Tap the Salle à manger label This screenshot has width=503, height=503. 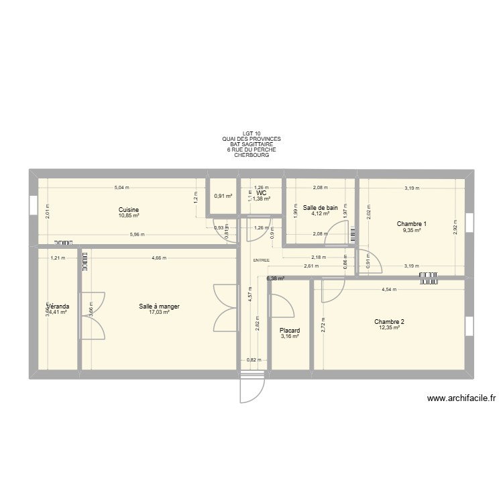pos(159,306)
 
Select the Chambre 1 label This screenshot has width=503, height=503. pos(411,224)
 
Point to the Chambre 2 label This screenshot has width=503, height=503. pos(389,322)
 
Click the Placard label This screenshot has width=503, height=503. pos(290,330)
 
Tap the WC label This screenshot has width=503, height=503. pos(262,192)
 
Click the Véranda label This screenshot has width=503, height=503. pos(57,306)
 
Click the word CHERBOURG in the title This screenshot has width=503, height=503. pos(251,155)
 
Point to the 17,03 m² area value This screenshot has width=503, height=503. pos(159,313)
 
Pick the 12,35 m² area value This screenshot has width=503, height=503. pos(389,328)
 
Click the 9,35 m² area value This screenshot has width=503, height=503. pos(411,230)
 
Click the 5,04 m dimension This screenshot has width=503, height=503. pos(121,188)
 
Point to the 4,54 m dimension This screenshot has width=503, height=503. pos(389,290)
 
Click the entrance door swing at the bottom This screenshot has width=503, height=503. pos(248,389)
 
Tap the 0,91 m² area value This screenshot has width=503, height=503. pos(223,197)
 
